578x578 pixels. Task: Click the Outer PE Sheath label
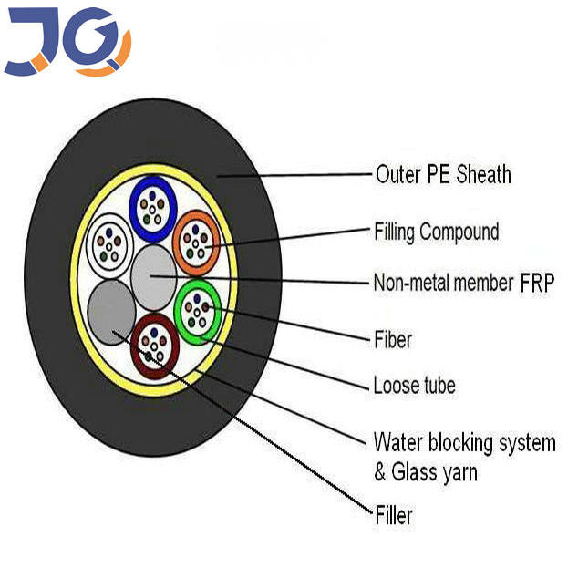[443, 174]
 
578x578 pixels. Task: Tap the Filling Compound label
[437, 232]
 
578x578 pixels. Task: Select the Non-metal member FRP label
[463, 283]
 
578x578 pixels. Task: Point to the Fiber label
[393, 340]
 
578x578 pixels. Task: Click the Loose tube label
[414, 386]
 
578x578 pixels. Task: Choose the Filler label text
[394, 516]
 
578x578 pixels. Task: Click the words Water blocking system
[464, 444]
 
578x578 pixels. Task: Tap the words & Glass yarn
[425, 472]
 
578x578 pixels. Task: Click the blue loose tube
[153, 209]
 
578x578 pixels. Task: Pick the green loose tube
[197, 312]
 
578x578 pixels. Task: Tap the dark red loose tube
[154, 346]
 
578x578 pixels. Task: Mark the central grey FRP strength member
[153, 277]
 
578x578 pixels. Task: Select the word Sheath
[482, 174]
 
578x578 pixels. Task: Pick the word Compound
[459, 232]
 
